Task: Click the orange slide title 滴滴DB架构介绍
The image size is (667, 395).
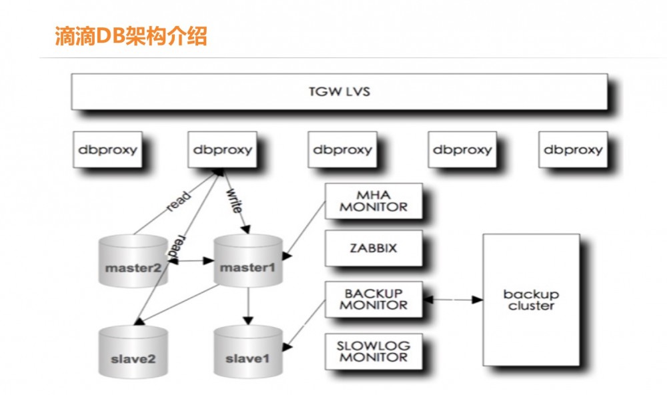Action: [x=131, y=36]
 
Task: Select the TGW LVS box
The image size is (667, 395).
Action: [x=340, y=91]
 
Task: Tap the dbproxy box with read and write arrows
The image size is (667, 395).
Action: [x=223, y=149]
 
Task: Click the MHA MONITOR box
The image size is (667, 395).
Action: [x=374, y=201]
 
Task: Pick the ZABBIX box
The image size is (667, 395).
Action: [x=374, y=248]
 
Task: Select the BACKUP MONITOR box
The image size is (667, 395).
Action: [x=374, y=299]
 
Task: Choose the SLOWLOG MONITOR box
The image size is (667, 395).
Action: [x=374, y=352]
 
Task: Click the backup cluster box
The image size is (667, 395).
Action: [x=532, y=300]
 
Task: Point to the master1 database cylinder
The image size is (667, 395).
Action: [x=248, y=260]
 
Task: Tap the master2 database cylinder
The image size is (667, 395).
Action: [x=133, y=260]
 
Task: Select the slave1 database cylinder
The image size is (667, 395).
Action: [x=248, y=352]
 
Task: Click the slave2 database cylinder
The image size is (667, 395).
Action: [x=133, y=352]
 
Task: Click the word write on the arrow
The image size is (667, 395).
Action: [x=234, y=200]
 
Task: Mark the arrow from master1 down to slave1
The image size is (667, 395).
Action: [x=248, y=306]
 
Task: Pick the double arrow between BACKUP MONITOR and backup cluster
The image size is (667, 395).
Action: [x=453, y=300]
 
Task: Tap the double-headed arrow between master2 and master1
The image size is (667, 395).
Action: [x=191, y=260]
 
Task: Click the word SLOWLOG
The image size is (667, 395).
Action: [x=374, y=345]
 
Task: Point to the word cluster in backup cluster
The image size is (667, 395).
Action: [x=532, y=306]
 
